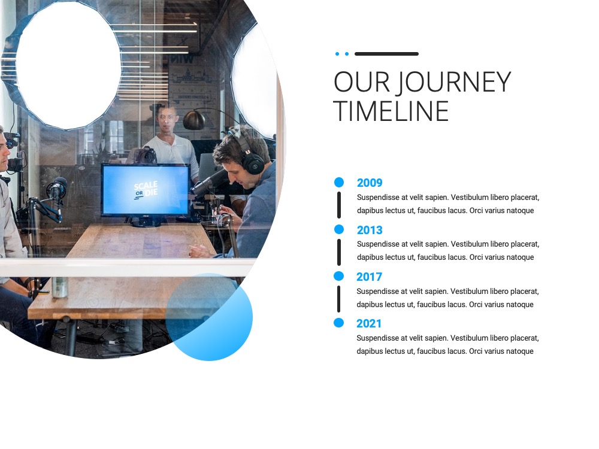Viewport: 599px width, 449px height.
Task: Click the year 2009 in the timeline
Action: pos(370,183)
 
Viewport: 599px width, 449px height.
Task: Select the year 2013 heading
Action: pos(370,230)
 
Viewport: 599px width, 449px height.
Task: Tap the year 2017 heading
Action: pos(369,277)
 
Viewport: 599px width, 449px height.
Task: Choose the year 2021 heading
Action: pos(368,324)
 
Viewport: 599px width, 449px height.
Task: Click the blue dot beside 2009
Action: pos(339,182)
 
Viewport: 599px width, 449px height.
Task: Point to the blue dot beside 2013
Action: pos(339,229)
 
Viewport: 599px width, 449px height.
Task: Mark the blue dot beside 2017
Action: pos(338,276)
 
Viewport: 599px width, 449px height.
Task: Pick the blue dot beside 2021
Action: pos(338,323)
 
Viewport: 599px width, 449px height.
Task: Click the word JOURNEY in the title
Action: pos(453,81)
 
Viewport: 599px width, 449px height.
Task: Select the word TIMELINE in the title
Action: pos(391,111)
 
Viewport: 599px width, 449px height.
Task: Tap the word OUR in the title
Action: pos(362,81)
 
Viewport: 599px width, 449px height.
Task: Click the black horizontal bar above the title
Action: pos(386,54)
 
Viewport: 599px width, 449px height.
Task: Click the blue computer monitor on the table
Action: pos(146,190)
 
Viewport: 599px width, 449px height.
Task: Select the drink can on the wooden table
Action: pos(60,287)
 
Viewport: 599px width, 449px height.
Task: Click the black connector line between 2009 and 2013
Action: pos(339,205)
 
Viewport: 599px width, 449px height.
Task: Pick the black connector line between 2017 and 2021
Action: pos(338,299)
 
